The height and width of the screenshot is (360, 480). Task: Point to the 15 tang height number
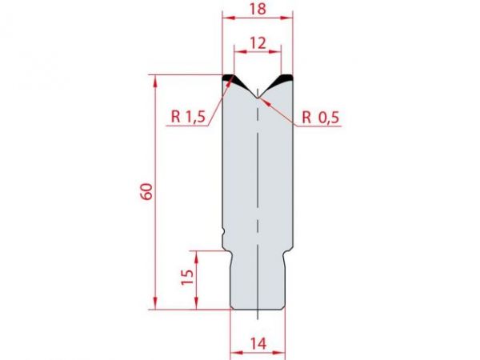coord(186,278)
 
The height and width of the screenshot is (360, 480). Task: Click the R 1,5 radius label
coord(189,117)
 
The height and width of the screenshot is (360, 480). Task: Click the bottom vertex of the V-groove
coord(257,98)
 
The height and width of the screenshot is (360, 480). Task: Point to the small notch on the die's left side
coord(223,233)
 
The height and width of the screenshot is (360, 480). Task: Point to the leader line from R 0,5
coord(280,109)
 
